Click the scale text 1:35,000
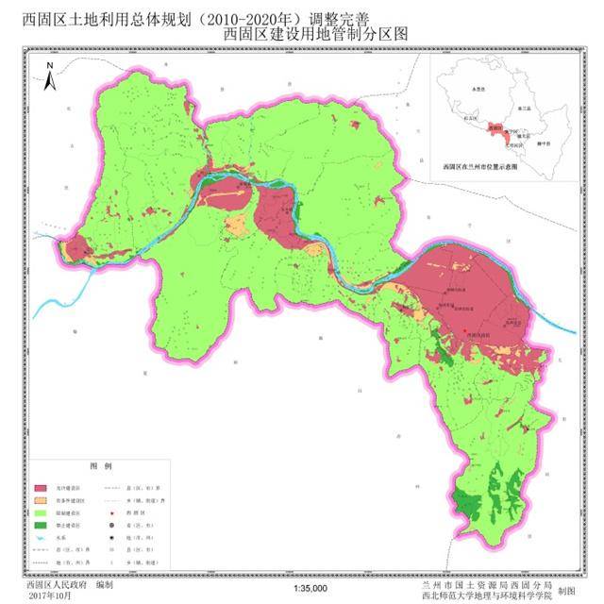pyautogui.click(x=310, y=589)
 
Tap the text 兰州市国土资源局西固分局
pyautogui.click(x=475, y=584)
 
